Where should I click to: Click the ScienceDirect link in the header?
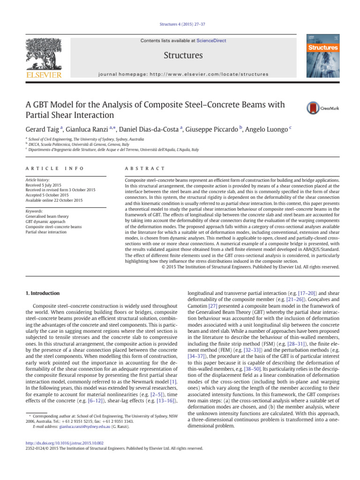211,41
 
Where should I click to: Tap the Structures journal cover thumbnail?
322,55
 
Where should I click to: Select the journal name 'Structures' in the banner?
183,56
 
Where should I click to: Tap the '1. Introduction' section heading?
42,293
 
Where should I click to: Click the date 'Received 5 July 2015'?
45,185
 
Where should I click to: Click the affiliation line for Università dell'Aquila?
112,150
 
